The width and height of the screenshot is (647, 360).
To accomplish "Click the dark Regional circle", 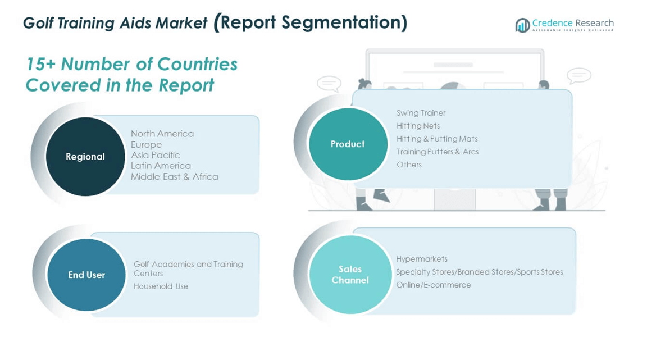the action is pos(85,157).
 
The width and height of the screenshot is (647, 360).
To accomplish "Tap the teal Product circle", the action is pos(348,144).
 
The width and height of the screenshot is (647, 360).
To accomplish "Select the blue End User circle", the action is pos(86,275).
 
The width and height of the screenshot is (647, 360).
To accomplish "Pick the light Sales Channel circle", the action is pos(350,275).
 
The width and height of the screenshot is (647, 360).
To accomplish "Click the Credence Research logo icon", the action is pos(522,25).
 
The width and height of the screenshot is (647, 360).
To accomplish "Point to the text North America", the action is pos(162,133).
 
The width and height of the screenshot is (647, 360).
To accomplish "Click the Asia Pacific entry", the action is pos(155,155).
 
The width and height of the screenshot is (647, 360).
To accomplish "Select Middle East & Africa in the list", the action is pos(175,176).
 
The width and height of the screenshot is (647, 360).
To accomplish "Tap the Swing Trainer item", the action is pos(421,113).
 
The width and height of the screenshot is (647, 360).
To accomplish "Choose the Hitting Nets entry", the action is pos(418,125).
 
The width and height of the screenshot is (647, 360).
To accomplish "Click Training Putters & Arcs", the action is pos(438,152).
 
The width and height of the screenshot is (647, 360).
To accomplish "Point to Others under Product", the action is pos(409,165).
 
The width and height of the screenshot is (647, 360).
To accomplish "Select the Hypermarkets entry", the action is pos(422,259).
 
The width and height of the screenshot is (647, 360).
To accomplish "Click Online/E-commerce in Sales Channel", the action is pos(433,285).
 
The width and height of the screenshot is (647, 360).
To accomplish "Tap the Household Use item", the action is pos(161,286).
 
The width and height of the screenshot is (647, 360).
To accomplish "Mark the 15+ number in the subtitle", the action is pos(40,65).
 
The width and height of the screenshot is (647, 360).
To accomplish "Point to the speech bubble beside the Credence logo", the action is pos(579,76).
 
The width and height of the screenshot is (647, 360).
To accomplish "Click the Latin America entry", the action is pos(161,166).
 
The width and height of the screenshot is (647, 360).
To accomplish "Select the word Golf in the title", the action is pos(38,23).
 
